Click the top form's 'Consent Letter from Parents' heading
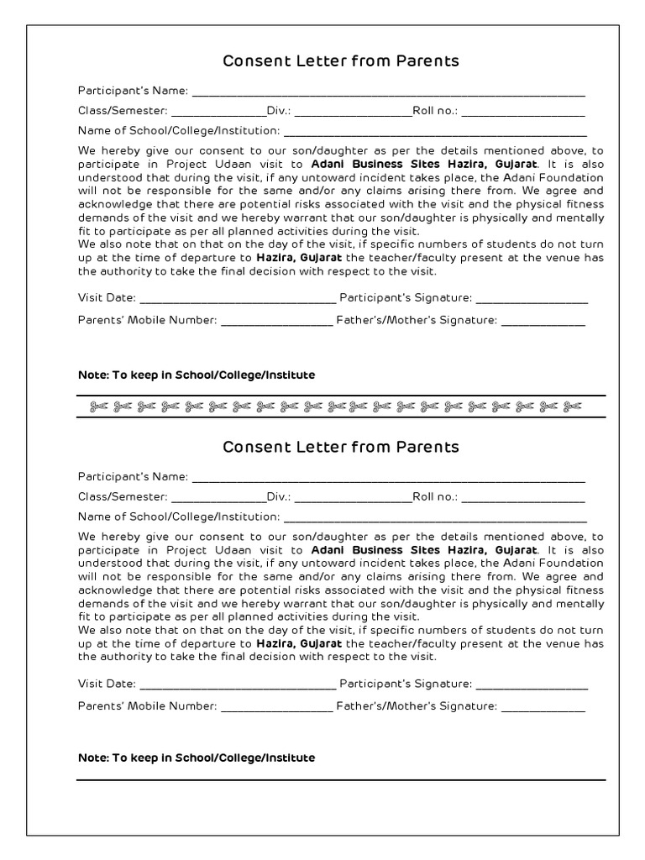point(340,61)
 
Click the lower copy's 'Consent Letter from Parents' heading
point(340,447)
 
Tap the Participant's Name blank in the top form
point(388,92)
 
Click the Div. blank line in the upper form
point(352,112)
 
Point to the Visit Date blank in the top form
point(237,299)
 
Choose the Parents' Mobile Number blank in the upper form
point(276,321)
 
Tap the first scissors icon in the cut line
point(98,407)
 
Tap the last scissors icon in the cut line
point(573,407)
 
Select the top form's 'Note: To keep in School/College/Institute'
point(197,375)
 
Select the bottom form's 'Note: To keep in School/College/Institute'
point(197,758)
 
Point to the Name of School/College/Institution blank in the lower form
point(434,517)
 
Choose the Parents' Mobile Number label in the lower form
point(148,706)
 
